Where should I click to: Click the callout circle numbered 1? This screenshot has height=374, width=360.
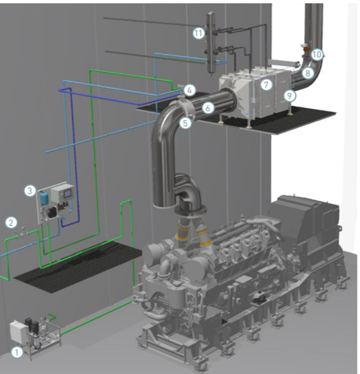[x=16, y=352]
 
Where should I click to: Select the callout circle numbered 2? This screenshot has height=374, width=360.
[x=11, y=223]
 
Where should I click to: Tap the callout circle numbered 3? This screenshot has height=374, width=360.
[x=30, y=191]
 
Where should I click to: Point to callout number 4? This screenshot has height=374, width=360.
[x=190, y=90]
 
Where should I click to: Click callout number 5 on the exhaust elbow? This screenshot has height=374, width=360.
[x=185, y=123]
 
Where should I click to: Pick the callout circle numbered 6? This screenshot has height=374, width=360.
[x=208, y=107]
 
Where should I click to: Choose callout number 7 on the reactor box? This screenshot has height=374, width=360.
[x=266, y=85]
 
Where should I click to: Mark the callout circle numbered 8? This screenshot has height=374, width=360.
[x=307, y=73]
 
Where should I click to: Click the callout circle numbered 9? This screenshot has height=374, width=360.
[x=289, y=96]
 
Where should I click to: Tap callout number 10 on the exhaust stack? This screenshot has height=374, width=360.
[x=317, y=54]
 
